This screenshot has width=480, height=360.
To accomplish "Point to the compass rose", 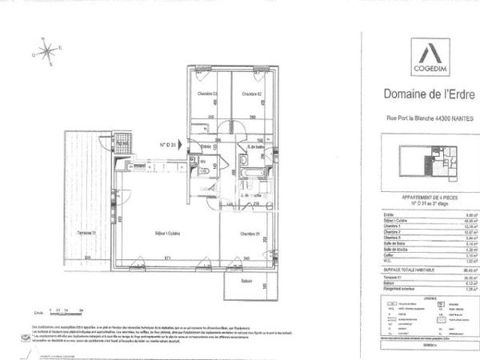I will [x=47, y=53].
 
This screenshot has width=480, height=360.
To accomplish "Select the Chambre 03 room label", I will [x=208, y=94].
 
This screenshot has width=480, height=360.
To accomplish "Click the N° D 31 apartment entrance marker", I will [x=167, y=145].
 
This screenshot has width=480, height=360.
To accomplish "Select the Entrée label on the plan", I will [x=206, y=146].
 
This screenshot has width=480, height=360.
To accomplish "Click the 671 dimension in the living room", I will [x=167, y=258].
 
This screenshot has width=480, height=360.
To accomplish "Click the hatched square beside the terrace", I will [x=122, y=144].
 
